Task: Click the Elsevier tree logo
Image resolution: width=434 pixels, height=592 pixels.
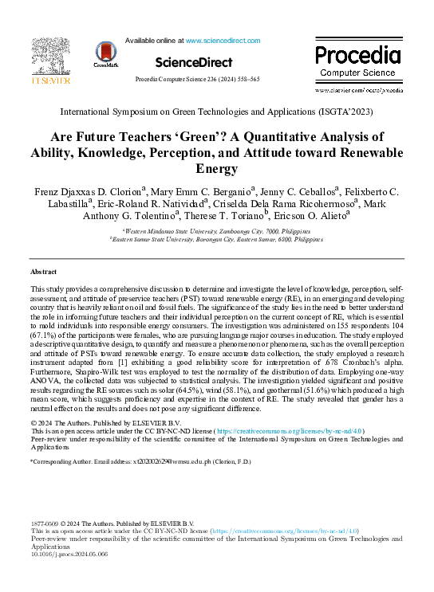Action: tap(50, 58)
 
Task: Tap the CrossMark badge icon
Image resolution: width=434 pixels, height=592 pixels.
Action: tap(106, 53)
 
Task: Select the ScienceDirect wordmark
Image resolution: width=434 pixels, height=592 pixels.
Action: tap(194, 61)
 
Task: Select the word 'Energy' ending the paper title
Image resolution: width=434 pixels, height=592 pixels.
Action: tap(217, 168)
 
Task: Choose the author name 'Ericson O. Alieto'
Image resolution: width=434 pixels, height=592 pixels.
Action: tap(305, 215)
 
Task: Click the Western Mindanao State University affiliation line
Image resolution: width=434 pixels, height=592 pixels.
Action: tap(217, 229)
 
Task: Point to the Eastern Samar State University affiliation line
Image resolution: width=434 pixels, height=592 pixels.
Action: tap(217, 237)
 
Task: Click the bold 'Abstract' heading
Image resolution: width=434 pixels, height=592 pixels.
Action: tap(45, 272)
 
